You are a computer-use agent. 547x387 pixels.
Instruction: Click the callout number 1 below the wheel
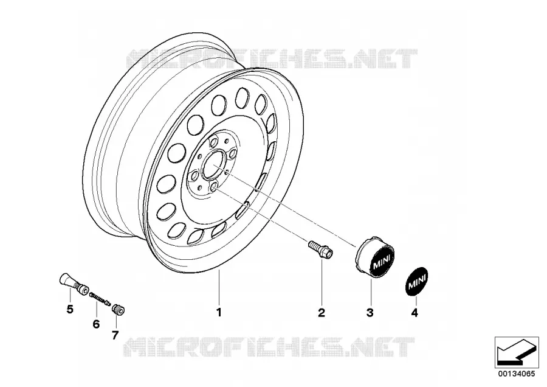click(x=219, y=312)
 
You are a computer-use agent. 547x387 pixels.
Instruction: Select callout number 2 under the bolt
click(x=322, y=313)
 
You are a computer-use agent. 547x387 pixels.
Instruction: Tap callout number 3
click(x=370, y=313)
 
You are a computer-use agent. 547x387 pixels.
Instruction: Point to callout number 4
click(x=415, y=313)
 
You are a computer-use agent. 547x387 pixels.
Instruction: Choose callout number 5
click(x=70, y=309)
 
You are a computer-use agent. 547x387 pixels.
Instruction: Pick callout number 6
click(x=96, y=324)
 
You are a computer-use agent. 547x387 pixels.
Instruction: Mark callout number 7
click(x=115, y=335)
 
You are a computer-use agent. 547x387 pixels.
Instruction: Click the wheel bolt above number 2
click(x=320, y=249)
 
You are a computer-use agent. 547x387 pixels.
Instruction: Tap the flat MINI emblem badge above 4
click(x=416, y=282)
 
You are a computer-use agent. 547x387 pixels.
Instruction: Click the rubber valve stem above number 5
click(x=72, y=285)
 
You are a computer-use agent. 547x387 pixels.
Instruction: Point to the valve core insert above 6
click(x=100, y=299)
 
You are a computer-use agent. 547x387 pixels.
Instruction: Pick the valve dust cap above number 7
click(x=119, y=310)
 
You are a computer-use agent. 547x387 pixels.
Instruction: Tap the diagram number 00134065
click(x=516, y=374)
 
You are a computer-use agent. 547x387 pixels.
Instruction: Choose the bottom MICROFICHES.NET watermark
click(x=269, y=346)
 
